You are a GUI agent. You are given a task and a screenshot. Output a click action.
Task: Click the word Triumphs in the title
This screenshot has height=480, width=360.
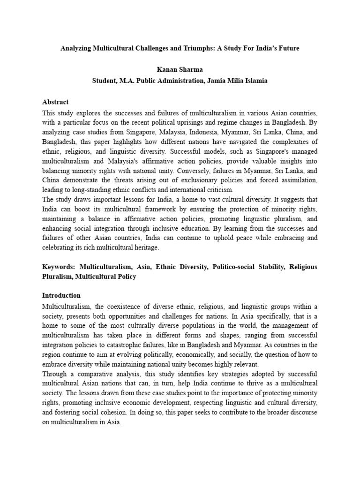pos(194,48)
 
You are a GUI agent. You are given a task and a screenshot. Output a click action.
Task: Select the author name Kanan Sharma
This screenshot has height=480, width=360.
pos(180,69)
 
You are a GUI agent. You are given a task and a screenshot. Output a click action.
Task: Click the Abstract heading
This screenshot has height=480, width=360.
pos(55,102)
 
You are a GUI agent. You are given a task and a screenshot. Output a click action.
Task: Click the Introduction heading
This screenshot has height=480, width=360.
pos(61,296)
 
